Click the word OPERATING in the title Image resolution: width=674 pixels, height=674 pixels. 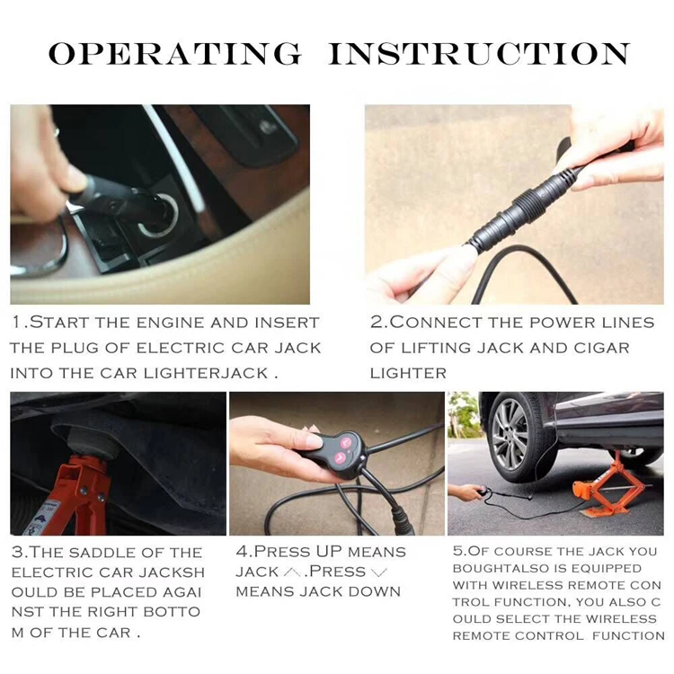click(175, 54)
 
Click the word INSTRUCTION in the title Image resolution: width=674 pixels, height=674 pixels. click(479, 54)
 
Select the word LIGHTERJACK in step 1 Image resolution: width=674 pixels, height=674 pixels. click(206, 373)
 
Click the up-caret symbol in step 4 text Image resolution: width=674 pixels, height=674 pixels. click(292, 572)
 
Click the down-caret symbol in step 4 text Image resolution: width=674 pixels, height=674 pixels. click(378, 572)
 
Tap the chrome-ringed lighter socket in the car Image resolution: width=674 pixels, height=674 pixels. click(160, 216)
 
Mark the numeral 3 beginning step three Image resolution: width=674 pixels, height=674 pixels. click(16, 552)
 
